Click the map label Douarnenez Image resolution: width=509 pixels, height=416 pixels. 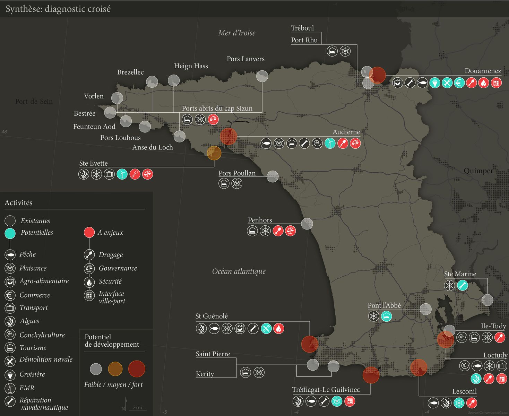[483, 71]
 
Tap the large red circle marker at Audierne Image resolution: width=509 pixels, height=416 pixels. [228, 136]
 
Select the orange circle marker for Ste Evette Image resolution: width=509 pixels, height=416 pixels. [214, 153]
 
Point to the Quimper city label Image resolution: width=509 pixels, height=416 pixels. [478, 171]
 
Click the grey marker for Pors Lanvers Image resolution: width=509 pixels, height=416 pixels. [262, 76]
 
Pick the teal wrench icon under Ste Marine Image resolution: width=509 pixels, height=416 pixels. [462, 286]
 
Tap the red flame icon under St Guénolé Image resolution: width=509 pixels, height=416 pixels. [279, 328]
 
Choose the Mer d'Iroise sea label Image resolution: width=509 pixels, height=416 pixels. [237, 33]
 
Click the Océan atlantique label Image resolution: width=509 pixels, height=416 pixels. [239, 271]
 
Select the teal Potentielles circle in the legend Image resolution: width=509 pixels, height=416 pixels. [10, 233]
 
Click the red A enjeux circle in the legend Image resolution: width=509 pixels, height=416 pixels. [89, 233]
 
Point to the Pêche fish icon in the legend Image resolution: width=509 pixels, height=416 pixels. [10, 255]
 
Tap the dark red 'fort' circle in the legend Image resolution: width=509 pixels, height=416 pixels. [137, 369]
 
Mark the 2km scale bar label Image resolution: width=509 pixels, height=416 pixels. [137, 407]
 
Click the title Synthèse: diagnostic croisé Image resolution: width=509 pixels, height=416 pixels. [58, 9]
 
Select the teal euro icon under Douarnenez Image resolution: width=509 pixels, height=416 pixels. [459, 83]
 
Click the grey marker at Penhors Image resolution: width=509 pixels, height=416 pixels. [307, 224]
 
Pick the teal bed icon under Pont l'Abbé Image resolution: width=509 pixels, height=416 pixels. [387, 316]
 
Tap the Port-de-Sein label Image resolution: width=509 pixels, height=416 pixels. [34, 102]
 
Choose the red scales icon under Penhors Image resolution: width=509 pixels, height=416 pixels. [291, 231]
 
